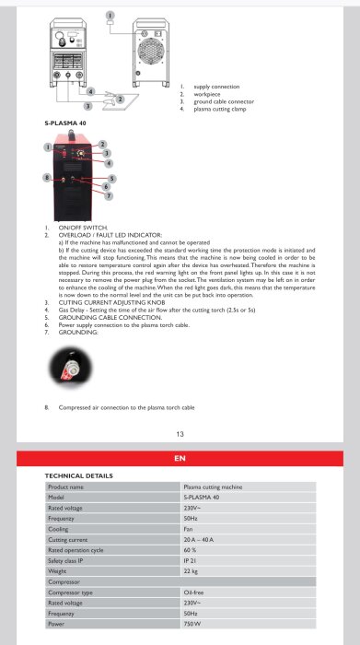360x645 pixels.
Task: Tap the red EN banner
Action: point(180,458)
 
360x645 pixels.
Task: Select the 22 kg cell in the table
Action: point(192,571)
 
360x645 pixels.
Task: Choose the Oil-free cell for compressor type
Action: point(194,592)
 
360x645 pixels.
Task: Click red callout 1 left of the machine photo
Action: point(47,147)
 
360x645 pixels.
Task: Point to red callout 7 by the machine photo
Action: point(108,195)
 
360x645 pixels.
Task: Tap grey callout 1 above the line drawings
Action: point(110,17)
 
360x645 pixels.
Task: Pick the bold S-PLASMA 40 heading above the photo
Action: point(68,122)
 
